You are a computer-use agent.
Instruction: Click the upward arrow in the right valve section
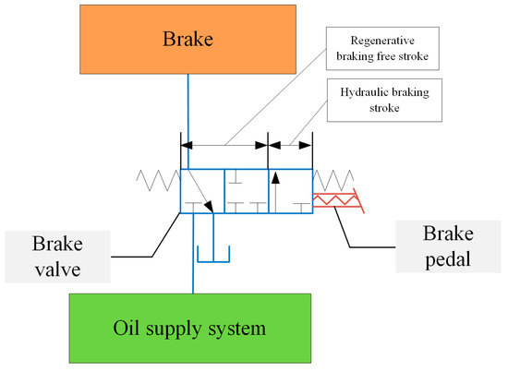[274, 189]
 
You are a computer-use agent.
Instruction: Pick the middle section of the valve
[246, 192]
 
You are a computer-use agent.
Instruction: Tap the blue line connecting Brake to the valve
[187, 111]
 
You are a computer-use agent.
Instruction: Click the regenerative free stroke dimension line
[224, 145]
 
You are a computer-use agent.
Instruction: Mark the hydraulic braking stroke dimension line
[289, 145]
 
